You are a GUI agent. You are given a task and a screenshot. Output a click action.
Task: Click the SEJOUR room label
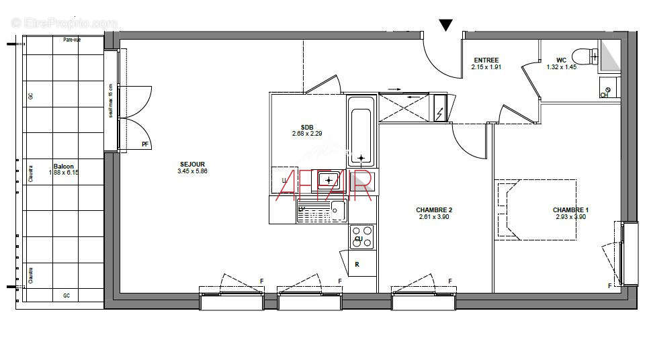(x=192, y=165)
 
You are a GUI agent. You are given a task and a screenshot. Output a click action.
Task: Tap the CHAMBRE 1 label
(x=570, y=209)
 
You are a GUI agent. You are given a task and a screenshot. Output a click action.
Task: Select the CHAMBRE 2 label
(x=433, y=210)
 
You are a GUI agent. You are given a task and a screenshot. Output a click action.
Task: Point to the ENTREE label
(x=486, y=60)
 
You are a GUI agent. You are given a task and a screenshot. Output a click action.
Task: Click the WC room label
(x=561, y=60)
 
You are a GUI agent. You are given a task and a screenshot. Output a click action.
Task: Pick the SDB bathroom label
(x=307, y=127)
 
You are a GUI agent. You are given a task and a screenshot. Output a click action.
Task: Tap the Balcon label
(x=64, y=166)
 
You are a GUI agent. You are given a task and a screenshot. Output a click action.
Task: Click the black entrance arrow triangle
(x=445, y=26)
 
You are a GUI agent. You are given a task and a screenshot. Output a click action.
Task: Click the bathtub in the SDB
(x=361, y=130)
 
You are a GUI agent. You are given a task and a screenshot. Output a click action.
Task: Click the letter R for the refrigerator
(x=357, y=265)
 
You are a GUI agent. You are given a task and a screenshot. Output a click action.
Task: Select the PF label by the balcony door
(x=145, y=144)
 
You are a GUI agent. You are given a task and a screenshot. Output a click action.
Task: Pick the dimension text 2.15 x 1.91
(x=486, y=67)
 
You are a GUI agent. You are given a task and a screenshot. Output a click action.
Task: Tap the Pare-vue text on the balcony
(x=73, y=40)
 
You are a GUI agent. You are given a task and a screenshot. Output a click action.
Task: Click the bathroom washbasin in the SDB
(x=329, y=179)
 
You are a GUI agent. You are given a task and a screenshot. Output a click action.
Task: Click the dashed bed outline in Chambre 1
(x=536, y=208)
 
